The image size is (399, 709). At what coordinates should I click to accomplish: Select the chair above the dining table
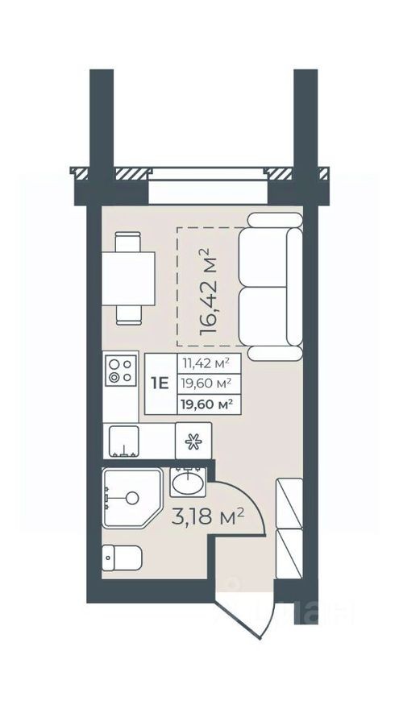[128, 242]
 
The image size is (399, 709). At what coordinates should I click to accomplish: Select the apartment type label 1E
[160, 384]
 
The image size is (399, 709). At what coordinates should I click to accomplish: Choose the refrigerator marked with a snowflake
[193, 441]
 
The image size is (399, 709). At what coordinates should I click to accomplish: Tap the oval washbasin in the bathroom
[188, 484]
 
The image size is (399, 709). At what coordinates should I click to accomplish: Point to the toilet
[123, 557]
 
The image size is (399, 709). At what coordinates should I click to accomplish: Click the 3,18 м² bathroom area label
[207, 516]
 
